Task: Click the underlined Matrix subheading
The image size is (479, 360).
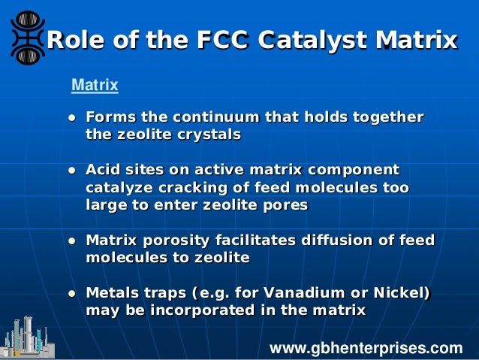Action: click(x=95, y=86)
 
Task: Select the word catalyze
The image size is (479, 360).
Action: click(x=119, y=187)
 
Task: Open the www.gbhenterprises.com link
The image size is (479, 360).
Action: click(x=366, y=348)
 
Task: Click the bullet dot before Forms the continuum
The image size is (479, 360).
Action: click(x=71, y=119)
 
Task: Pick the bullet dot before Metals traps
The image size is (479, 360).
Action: click(x=71, y=293)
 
